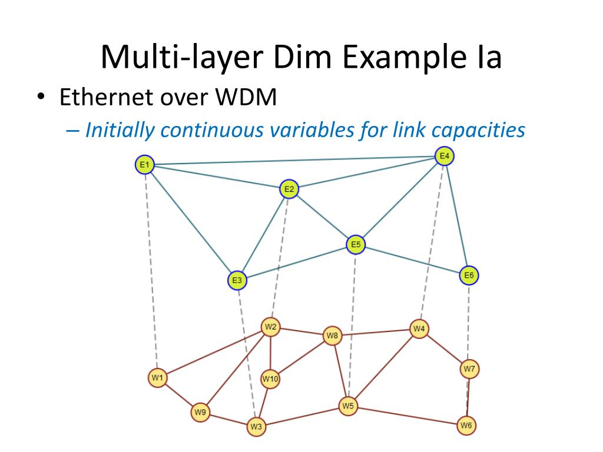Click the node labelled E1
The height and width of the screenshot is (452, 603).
point(144,165)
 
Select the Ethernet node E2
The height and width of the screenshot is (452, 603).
point(289,189)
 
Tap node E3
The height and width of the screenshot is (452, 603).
point(237,281)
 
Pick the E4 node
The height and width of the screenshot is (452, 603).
point(444,156)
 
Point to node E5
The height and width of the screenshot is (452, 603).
point(356,244)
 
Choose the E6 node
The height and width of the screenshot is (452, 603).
point(469,275)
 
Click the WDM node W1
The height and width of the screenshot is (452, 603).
point(157,378)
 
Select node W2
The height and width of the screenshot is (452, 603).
point(270,327)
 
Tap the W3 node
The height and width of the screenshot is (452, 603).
point(256,426)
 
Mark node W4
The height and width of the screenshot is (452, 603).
point(419,328)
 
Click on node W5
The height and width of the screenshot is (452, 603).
point(348,406)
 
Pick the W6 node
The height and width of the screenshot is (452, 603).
point(466,425)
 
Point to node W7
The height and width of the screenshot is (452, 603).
point(469,369)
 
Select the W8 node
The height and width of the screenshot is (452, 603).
point(333,336)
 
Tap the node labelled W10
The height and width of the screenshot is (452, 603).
point(270,379)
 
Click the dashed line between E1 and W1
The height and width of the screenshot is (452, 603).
point(151,271)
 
